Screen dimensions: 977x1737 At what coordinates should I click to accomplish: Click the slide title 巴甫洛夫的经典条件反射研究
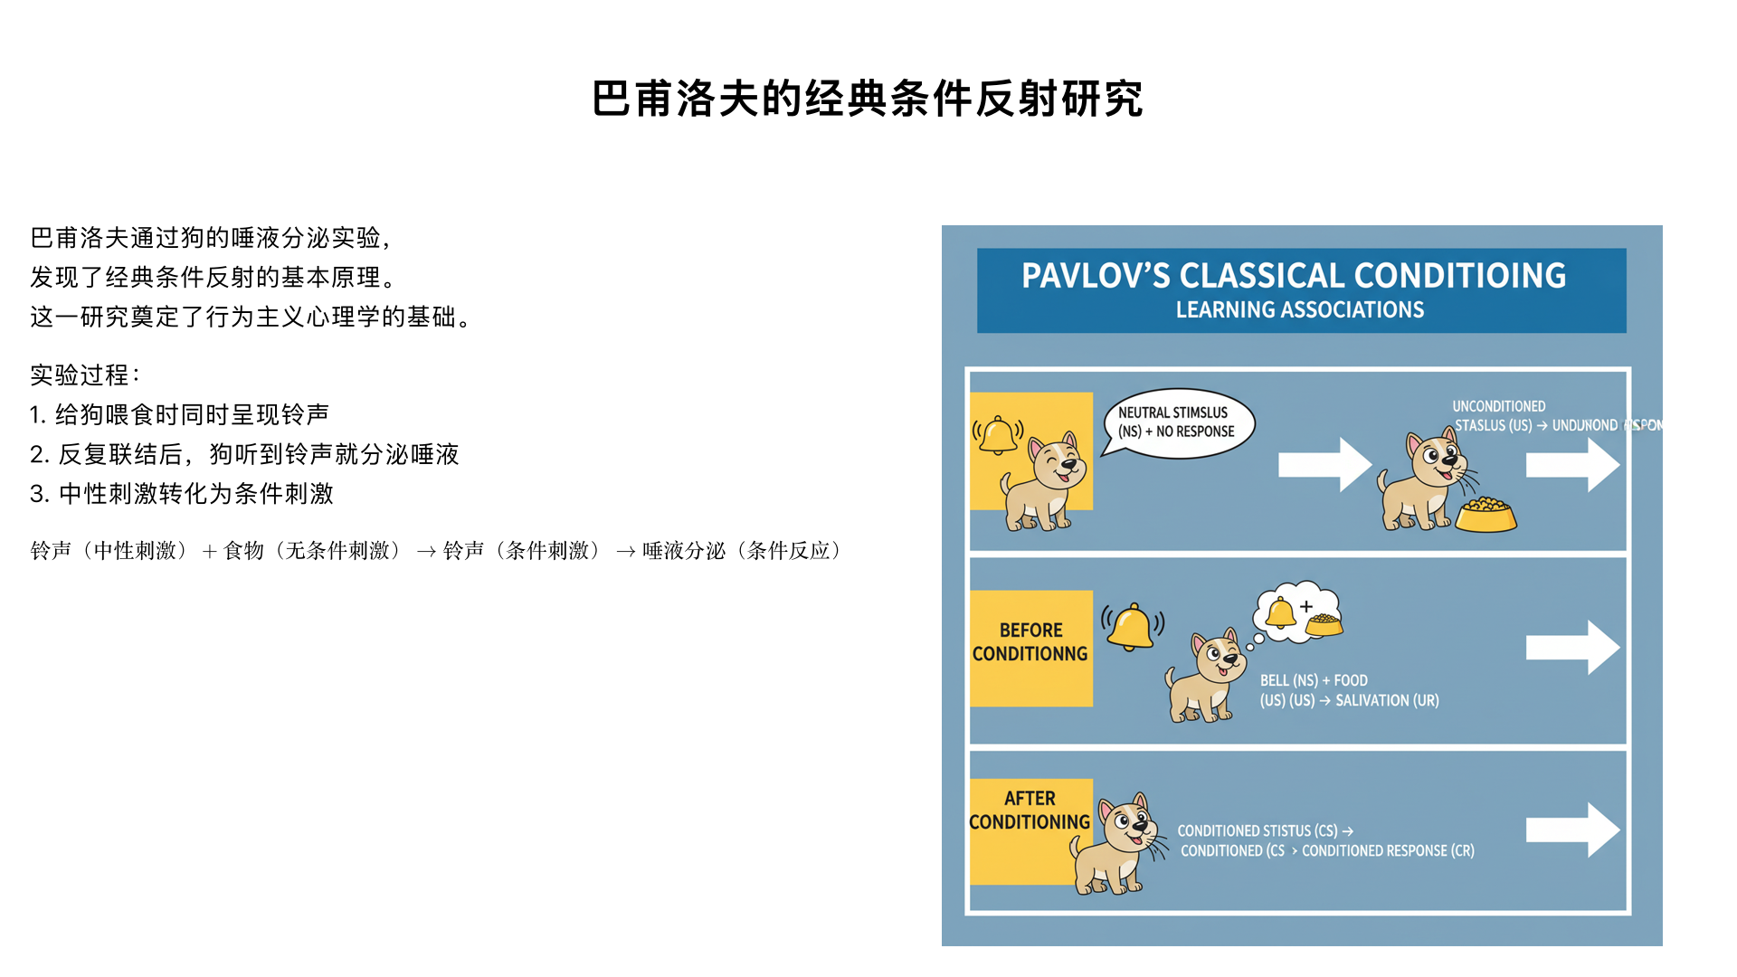[868, 99]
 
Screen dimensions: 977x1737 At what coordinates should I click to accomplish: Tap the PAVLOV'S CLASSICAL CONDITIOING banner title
[1293, 276]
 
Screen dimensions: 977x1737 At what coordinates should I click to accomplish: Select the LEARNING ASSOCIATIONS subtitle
[1299, 310]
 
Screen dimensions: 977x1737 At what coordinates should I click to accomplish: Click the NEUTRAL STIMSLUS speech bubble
[1178, 422]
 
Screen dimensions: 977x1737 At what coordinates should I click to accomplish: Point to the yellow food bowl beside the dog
[1485, 516]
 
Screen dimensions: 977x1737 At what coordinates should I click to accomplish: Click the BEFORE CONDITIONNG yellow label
[1030, 647]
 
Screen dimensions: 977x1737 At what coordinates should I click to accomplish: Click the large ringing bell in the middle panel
[1131, 627]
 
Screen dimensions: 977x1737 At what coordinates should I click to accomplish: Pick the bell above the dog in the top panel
[998, 435]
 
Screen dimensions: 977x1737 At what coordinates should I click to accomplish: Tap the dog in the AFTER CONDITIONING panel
[1116, 846]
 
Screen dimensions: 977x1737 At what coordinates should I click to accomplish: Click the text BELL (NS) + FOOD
[1314, 680]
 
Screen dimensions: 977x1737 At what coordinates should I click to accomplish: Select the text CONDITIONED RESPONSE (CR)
[1388, 851]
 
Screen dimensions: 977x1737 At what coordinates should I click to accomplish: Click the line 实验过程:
[85, 375]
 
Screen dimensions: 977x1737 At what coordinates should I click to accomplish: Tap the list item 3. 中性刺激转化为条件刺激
[182, 494]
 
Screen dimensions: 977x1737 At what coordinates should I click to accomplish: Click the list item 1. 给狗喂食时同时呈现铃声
[179, 414]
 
